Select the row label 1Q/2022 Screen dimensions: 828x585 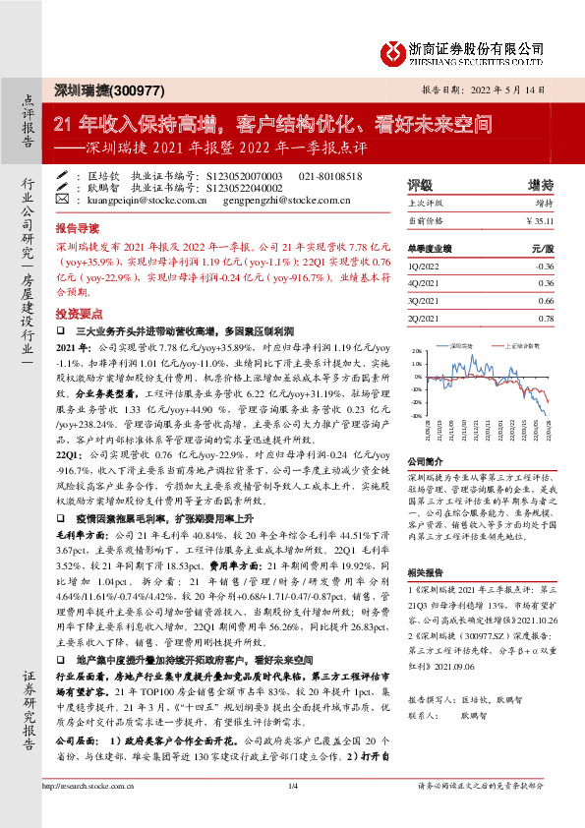click(x=424, y=266)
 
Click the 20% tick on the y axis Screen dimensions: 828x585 click(x=418, y=351)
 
